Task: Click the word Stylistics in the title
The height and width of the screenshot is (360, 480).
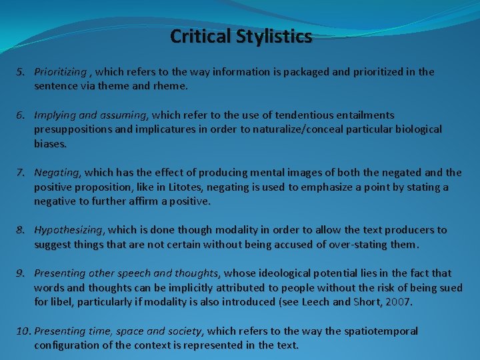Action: click(x=273, y=36)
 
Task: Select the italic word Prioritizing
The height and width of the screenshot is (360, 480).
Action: click(x=60, y=71)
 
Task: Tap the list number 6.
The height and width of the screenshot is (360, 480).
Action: click(x=21, y=115)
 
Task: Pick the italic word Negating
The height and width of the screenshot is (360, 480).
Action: click(x=57, y=172)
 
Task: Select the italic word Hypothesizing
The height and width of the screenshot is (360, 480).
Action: click(x=69, y=230)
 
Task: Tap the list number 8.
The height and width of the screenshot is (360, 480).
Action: click(x=21, y=230)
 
